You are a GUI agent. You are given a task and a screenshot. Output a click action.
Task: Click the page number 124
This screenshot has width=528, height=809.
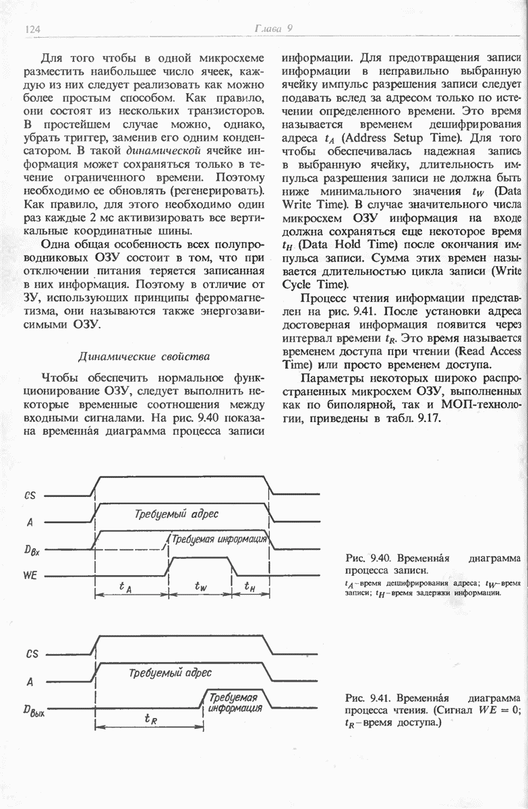(33, 28)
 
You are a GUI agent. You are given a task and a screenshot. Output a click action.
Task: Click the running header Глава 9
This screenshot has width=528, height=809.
(272, 28)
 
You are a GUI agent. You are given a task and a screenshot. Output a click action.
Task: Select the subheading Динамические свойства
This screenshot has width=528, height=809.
(144, 356)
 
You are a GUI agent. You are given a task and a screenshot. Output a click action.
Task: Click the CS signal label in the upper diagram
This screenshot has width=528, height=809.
(30, 496)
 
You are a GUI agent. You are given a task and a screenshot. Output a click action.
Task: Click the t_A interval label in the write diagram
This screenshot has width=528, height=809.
(125, 587)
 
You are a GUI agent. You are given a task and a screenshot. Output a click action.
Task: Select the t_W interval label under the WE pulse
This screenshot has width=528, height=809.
(200, 587)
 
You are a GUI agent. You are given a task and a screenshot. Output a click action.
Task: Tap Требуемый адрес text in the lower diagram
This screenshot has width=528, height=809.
(170, 673)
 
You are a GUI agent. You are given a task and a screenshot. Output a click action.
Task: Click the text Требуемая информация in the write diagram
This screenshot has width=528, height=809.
(220, 539)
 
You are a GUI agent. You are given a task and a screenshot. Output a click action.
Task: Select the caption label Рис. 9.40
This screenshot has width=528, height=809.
(368, 558)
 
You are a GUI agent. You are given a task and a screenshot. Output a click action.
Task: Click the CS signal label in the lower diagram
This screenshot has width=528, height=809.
(31, 654)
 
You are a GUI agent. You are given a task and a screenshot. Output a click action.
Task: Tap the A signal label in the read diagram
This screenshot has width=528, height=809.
(30, 682)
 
